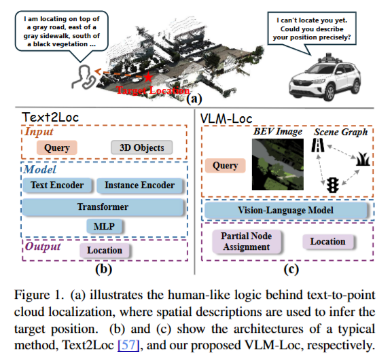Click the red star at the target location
(148, 77)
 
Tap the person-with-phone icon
(84, 77)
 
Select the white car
(325, 77)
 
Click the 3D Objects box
(142, 147)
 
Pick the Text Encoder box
(57, 185)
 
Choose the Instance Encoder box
(139, 185)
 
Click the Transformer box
(103, 207)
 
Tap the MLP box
(104, 226)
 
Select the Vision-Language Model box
(285, 211)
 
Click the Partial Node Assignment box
(247, 241)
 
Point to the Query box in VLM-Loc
(226, 166)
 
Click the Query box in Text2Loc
(57, 147)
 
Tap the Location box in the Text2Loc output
(105, 251)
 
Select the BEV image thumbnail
(278, 164)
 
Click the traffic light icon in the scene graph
(333, 185)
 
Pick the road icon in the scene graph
(318, 145)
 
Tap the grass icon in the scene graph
(363, 160)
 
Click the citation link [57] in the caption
(128, 345)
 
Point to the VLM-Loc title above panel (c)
(226, 119)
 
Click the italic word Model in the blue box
(40, 170)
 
